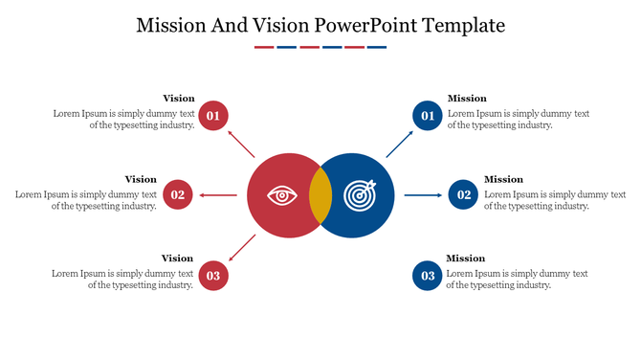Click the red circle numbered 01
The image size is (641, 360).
pyautogui.click(x=213, y=116)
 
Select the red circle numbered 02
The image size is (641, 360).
pyautogui.click(x=177, y=195)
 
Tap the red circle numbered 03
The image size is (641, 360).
pyautogui.click(x=213, y=276)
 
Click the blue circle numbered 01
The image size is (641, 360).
pyautogui.click(x=428, y=116)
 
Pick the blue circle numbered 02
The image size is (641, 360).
pyautogui.click(x=464, y=195)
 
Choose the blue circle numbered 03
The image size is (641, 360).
pyautogui.click(x=428, y=276)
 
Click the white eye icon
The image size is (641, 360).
pyautogui.click(x=281, y=195)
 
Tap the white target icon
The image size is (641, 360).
pyautogui.click(x=361, y=195)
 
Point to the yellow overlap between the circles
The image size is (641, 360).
pyautogui.click(x=320, y=195)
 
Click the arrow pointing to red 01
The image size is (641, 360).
pyautogui.click(x=242, y=144)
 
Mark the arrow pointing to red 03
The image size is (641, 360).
pyautogui.click(x=242, y=248)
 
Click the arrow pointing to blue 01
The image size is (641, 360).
pyautogui.click(x=399, y=144)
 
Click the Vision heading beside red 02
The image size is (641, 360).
pyautogui.click(x=141, y=179)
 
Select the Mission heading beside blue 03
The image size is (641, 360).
pyautogui.click(x=466, y=259)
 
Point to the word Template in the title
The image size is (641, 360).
pyautogui.click(x=461, y=26)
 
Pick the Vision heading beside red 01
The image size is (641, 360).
pyautogui.click(x=178, y=99)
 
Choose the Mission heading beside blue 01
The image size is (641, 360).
pyautogui.click(x=467, y=99)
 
